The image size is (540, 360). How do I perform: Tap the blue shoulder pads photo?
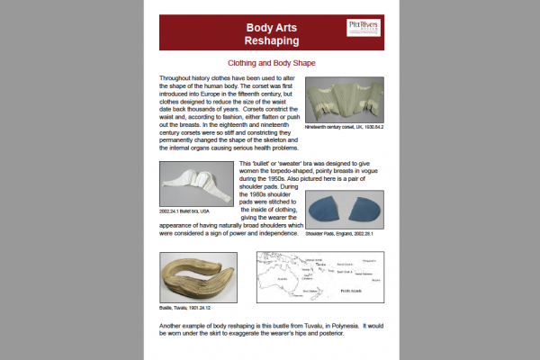point(345,210)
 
